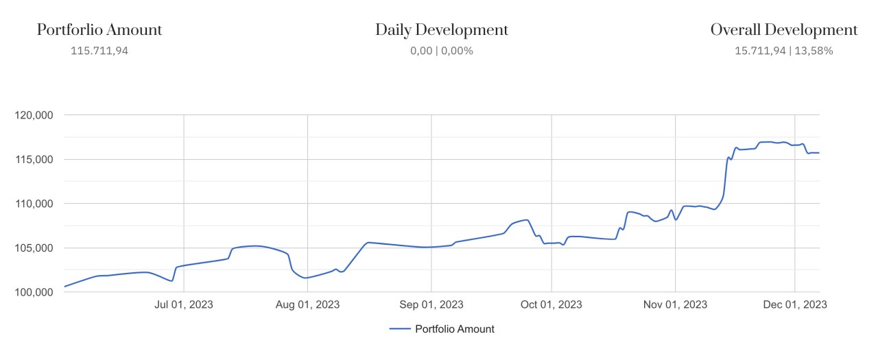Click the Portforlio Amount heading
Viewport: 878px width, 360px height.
99,30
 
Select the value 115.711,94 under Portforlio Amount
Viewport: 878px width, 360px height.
99,51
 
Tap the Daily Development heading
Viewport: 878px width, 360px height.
442,30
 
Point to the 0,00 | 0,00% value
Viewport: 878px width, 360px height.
442,51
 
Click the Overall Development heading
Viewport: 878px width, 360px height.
783,30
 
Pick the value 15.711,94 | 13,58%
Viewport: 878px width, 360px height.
783,51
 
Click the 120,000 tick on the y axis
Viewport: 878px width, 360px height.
34,115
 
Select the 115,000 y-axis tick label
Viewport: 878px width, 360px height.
34,159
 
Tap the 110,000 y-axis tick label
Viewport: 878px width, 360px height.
34,204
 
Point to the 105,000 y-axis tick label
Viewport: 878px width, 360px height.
34,248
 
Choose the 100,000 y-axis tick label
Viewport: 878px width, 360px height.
34,292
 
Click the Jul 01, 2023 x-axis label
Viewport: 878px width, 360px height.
184,305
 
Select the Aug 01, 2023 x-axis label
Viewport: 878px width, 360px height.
307,305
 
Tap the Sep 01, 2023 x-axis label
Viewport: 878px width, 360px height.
431,305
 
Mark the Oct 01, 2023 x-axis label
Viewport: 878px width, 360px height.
551,305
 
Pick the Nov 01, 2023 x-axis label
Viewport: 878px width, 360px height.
676,305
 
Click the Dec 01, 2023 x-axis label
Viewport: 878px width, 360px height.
794,305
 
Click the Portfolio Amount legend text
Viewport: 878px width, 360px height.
455,329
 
